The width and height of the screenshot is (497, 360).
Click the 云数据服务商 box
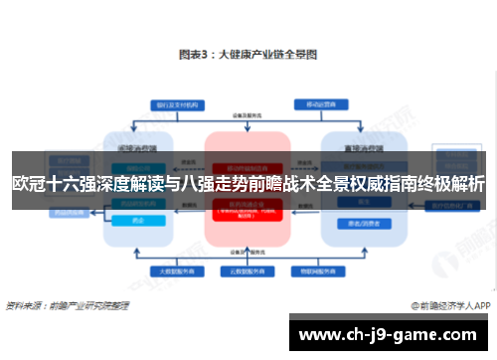pyautogui.click(x=247, y=270)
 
